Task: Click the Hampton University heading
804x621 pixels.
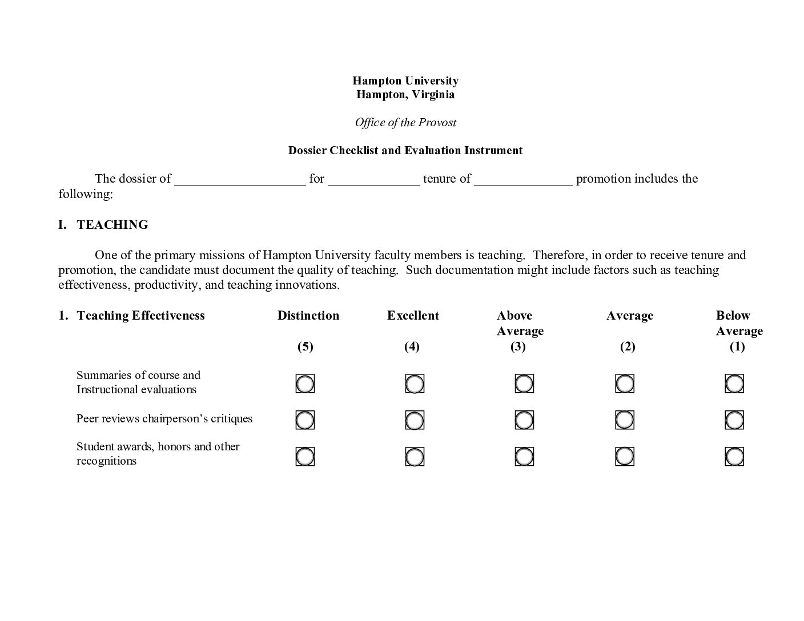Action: tap(405, 80)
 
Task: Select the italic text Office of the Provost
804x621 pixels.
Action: tap(405, 122)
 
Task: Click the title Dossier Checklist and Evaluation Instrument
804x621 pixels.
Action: tap(405, 150)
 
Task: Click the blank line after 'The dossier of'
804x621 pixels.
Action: tap(240, 180)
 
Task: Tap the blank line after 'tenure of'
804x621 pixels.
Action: tap(522, 180)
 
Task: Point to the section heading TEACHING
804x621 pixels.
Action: tap(112, 224)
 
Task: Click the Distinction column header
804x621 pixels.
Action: tap(308, 316)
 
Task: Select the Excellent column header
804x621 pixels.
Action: tap(413, 316)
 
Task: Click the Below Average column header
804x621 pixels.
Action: tap(739, 323)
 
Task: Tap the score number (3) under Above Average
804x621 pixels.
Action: tap(518, 346)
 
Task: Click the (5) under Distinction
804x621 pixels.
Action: tap(305, 346)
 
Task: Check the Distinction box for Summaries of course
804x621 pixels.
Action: tap(305, 384)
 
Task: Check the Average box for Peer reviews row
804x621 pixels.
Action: tap(625, 420)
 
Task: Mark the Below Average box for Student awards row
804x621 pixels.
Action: tap(734, 457)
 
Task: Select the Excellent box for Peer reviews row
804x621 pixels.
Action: tap(415, 420)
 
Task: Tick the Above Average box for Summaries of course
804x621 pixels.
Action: tap(524, 384)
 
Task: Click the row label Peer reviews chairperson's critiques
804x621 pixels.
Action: tap(164, 418)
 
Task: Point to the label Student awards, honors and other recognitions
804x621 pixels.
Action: tap(158, 453)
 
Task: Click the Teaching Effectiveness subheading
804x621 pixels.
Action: tap(140, 316)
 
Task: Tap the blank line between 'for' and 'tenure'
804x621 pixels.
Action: tap(374, 180)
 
